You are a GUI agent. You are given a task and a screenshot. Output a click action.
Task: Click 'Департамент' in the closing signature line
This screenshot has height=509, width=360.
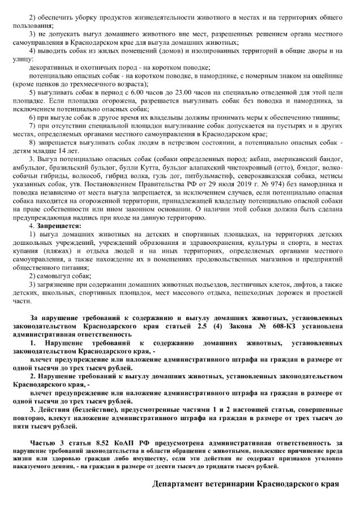pos(181,485)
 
